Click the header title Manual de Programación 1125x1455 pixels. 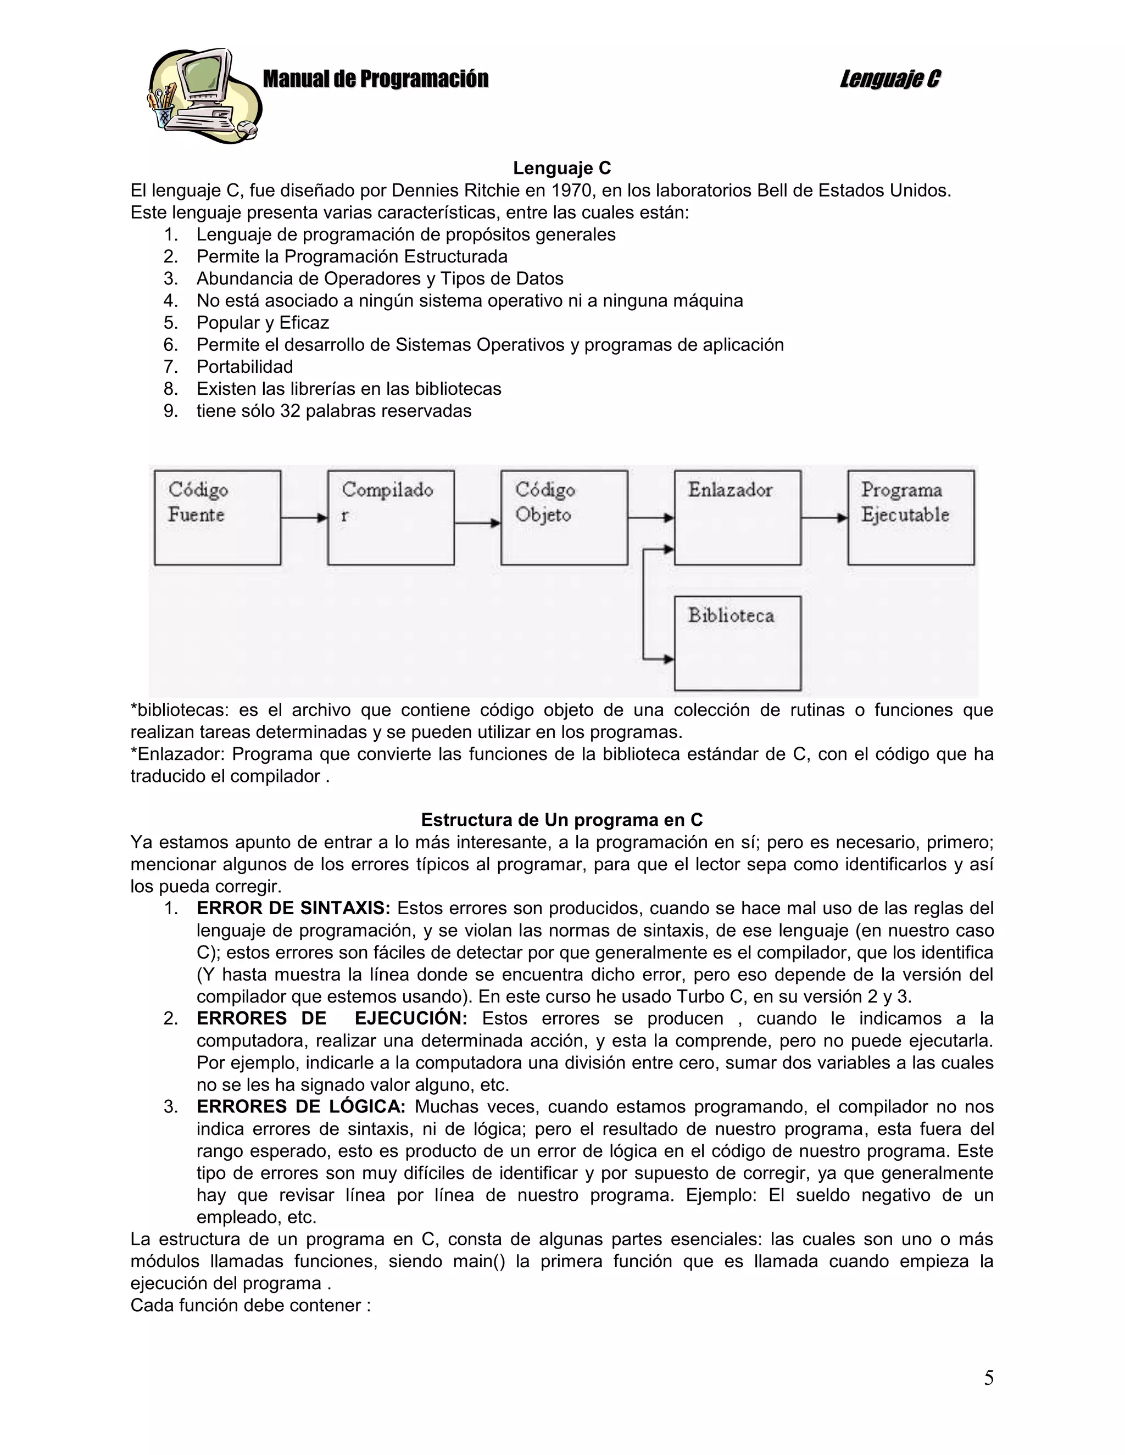point(375,79)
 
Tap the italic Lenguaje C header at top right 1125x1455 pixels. point(890,79)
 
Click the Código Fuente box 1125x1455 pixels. point(218,518)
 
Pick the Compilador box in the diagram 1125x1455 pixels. point(391,518)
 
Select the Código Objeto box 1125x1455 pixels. point(564,518)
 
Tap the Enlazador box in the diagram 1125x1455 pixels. point(737,518)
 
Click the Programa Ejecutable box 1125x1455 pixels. point(910,518)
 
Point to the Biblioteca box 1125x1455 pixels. point(737,643)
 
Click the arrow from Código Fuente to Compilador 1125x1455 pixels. point(304,518)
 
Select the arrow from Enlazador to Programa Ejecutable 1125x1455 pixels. point(824,518)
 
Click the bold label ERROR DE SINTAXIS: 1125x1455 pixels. point(293,908)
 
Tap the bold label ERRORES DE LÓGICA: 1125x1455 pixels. point(300,1106)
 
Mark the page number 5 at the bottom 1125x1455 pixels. point(988,1378)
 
